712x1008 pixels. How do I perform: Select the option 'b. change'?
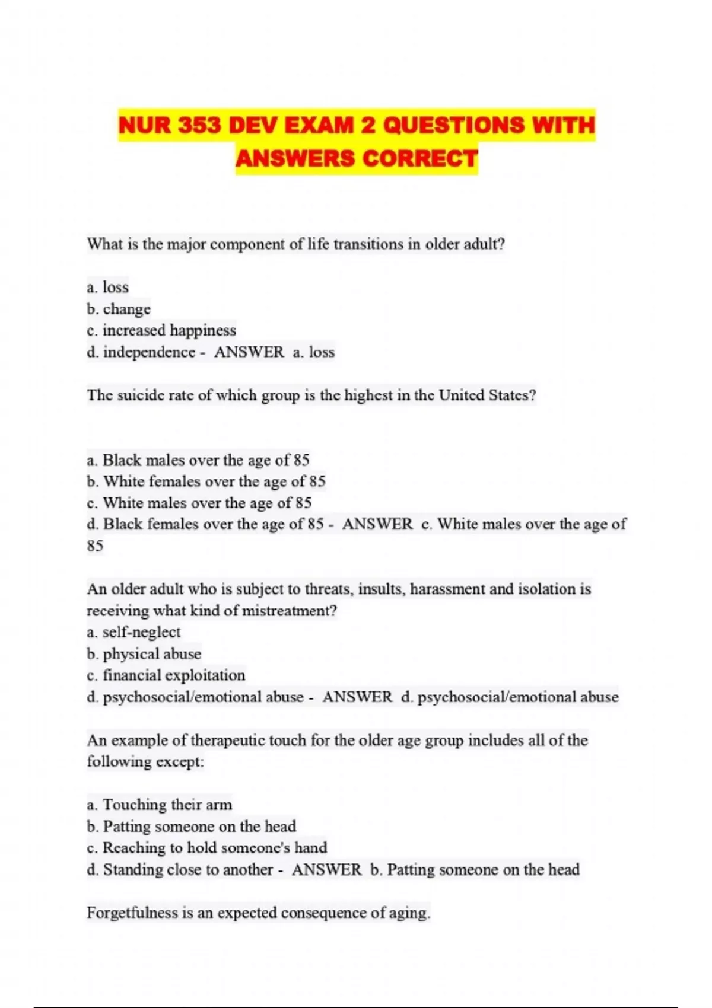[x=119, y=309]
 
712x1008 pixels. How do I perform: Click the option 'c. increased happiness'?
[x=161, y=330]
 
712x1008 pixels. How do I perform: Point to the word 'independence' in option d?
[x=149, y=352]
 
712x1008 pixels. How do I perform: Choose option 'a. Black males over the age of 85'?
[x=198, y=460]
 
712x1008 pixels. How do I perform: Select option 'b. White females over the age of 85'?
[x=206, y=481]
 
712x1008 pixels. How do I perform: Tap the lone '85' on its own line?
[x=95, y=546]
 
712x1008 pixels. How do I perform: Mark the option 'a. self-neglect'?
[x=133, y=632]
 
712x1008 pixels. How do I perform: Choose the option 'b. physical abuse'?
[x=144, y=654]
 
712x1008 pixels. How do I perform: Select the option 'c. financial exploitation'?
[x=166, y=675]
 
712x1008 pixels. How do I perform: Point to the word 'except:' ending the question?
[x=180, y=762]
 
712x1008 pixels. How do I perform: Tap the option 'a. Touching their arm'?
[x=160, y=805]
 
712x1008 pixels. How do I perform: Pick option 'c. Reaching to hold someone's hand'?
[x=207, y=848]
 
